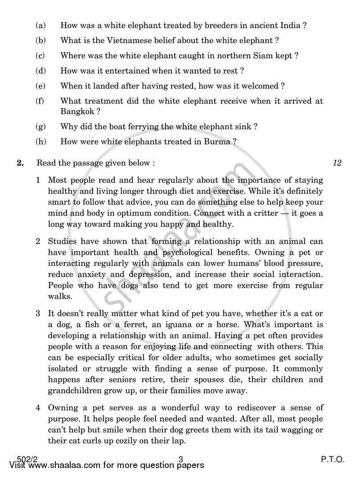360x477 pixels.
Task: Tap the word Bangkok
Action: click(76, 111)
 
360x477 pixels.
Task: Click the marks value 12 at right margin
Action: click(337, 163)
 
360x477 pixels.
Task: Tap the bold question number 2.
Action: click(20, 163)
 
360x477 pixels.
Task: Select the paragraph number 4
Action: click(39, 408)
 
